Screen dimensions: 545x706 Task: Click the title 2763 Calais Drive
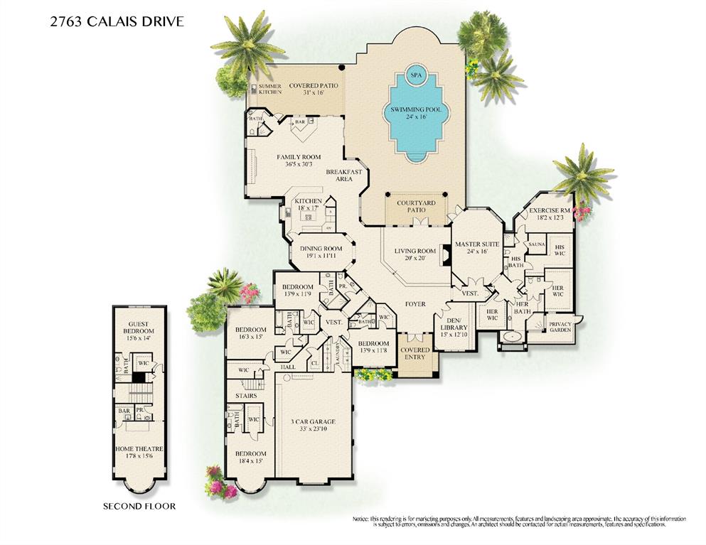click(x=117, y=21)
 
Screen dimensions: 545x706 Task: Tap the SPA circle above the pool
click(x=415, y=75)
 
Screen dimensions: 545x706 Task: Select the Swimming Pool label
click(x=415, y=110)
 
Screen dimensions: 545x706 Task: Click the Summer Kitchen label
click(x=270, y=90)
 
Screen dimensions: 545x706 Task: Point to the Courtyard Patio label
click(x=416, y=206)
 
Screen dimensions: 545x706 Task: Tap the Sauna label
click(x=536, y=244)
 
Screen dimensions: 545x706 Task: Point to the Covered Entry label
click(x=414, y=353)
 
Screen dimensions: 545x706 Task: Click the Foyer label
click(x=415, y=304)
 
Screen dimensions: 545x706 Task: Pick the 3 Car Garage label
click(x=313, y=421)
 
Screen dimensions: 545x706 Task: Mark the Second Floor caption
click(x=139, y=506)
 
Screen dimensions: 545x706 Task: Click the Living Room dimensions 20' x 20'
click(x=416, y=259)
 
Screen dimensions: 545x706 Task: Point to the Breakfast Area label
click(x=344, y=175)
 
